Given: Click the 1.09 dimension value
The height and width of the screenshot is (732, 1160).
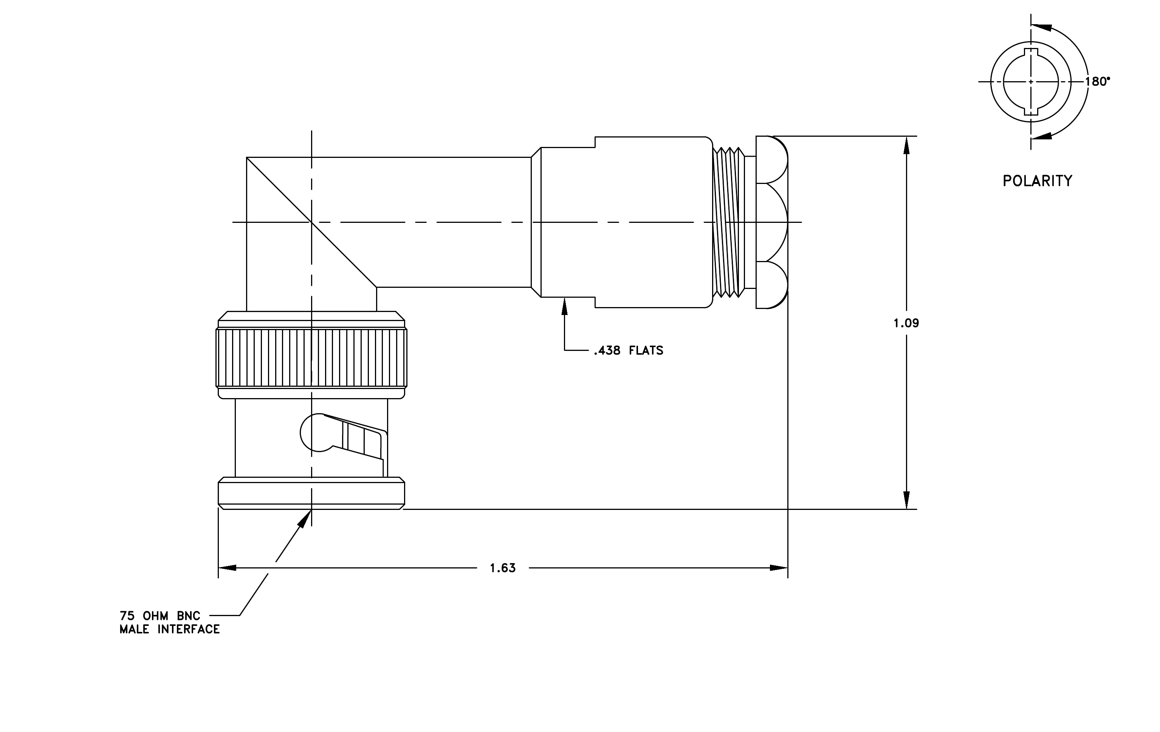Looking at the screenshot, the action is click(906, 323).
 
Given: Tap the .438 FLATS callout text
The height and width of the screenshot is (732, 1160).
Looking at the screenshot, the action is click(629, 351).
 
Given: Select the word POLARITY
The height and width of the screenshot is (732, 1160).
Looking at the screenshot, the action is click(1038, 181).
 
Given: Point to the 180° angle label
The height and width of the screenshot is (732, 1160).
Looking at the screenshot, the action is click(1097, 82).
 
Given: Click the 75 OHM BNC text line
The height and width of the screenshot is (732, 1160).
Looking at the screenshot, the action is click(160, 616).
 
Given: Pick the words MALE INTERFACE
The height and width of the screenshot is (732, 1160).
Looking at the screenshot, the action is click(170, 630).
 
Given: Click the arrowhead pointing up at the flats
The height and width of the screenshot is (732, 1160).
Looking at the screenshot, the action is click(565, 306).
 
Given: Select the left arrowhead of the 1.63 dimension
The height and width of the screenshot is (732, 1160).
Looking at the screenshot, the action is click(228, 568).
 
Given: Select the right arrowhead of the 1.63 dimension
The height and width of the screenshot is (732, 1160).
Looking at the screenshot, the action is click(779, 568).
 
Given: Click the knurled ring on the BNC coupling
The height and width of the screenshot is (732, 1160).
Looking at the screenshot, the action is click(312, 358).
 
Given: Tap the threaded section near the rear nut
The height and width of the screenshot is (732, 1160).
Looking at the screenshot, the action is click(728, 222).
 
